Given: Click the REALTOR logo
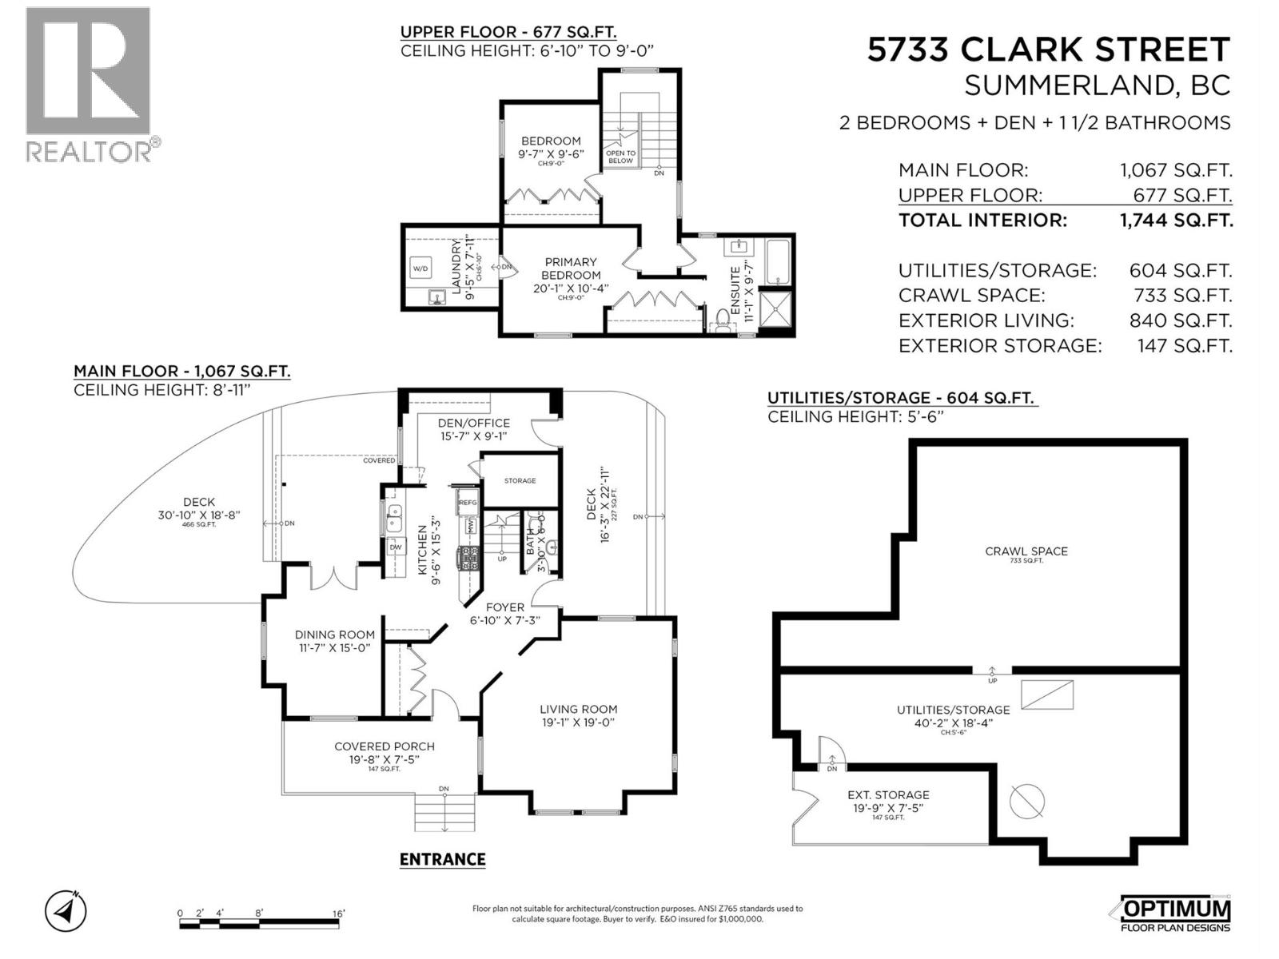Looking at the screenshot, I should point(88,84).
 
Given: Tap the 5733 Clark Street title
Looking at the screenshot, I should point(1048,50).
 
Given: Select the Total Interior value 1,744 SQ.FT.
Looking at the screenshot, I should point(1176,221).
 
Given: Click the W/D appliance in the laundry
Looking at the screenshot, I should point(420,268).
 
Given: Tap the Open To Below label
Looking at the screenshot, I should point(620,157).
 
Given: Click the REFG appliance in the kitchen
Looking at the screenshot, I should point(468,503).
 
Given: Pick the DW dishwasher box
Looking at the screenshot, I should point(395,547).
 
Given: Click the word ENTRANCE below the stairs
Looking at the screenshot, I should point(442,859).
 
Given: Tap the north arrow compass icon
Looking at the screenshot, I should point(66,910).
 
